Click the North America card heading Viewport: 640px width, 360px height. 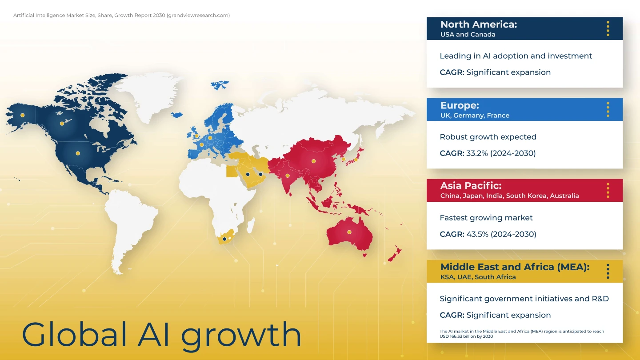tap(479, 24)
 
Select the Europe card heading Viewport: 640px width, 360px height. tap(460, 106)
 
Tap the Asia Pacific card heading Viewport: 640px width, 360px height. tap(471, 186)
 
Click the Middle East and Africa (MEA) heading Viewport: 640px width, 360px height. tap(515, 267)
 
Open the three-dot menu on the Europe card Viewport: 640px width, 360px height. tap(608, 109)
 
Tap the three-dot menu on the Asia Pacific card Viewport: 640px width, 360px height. tap(608, 191)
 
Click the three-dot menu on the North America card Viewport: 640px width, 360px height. tap(608, 28)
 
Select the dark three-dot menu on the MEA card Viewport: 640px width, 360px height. tap(608, 272)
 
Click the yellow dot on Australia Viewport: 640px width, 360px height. tap(349, 232)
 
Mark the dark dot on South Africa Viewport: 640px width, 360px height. tap(224, 239)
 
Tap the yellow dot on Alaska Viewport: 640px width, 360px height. tap(22, 116)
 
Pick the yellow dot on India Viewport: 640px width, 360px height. tap(288, 176)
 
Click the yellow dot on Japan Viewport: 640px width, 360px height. tap(356, 160)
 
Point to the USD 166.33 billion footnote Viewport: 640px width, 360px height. tap(522, 334)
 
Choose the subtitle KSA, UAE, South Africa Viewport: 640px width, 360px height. tap(478, 277)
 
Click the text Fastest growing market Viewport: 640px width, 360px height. tap(486, 218)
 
